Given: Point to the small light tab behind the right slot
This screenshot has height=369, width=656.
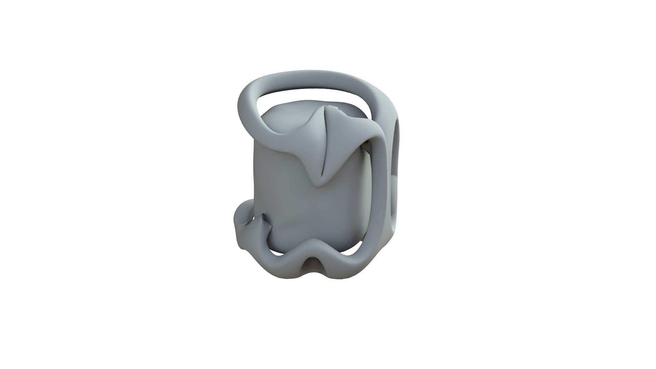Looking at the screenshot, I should tap(395, 184).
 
